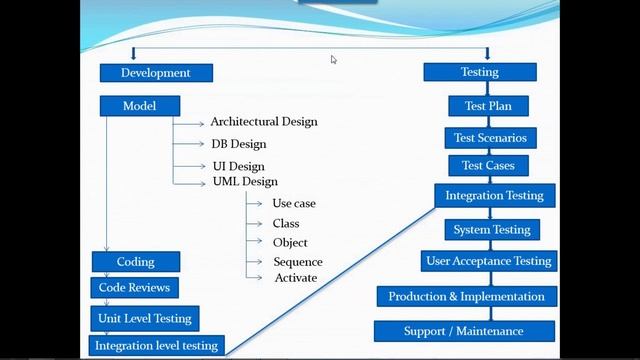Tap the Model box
(140, 106)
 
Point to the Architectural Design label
(263, 122)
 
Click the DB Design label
(238, 144)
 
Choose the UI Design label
(238, 166)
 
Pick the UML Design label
(245, 182)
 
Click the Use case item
(294, 203)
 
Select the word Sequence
(298, 262)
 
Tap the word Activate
(296, 278)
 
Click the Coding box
(136, 262)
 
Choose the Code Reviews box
(135, 288)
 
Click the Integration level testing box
(156, 346)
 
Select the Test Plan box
(488, 106)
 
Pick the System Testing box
(492, 230)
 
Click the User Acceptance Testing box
(489, 262)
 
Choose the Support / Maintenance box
(464, 331)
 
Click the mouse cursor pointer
(334, 60)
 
